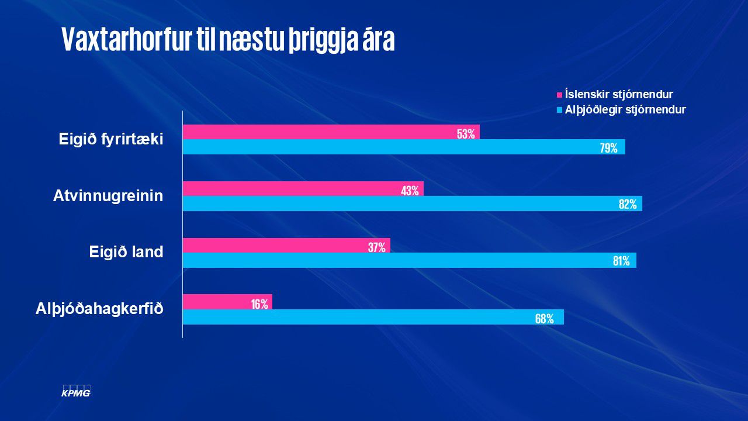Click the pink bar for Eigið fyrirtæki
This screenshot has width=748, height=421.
pos(331,132)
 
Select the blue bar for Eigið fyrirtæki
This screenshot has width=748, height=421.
pos(403,147)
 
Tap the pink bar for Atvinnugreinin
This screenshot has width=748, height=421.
pos(303,189)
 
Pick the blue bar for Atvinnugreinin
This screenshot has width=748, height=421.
pos(412,203)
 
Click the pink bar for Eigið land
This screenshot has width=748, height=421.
pos(286,246)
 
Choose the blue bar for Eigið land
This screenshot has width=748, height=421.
pos(409,260)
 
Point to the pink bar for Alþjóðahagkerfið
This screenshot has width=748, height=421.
pos(227,302)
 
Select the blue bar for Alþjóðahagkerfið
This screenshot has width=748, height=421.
pos(373,317)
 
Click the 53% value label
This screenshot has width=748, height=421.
pos(466,134)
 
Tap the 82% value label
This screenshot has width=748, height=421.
pos(628,204)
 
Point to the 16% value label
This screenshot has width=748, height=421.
pos(259,303)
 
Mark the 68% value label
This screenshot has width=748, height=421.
pos(544,319)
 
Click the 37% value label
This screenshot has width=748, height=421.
pos(376,247)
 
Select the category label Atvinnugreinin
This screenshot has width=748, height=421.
pos(108,196)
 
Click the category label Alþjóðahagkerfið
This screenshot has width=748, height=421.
pos(99,309)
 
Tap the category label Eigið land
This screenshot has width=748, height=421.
pos(126,253)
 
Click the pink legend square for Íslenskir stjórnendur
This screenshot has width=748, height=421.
pos(559,95)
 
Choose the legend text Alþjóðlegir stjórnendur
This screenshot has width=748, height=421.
pos(625,109)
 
